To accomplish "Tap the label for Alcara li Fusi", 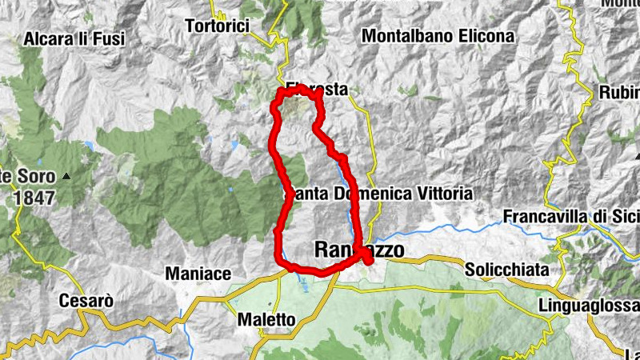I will [74, 38].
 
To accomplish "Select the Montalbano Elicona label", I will [438, 36].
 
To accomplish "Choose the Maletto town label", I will [266, 320].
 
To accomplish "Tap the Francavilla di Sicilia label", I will [571, 217].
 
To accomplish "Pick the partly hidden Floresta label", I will [318, 90].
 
